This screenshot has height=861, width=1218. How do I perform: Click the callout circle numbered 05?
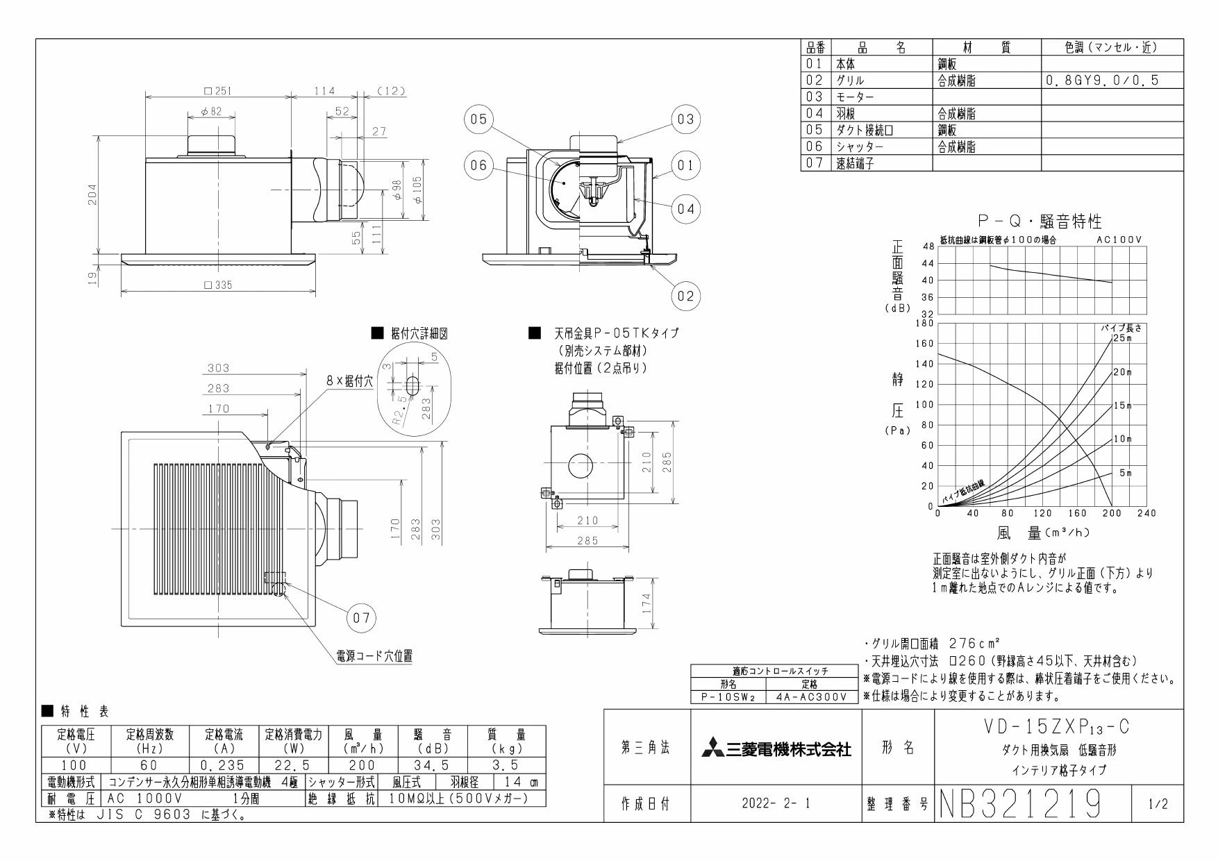point(478,119)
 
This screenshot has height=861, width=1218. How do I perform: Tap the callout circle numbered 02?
point(685,296)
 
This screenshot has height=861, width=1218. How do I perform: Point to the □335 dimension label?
point(217,285)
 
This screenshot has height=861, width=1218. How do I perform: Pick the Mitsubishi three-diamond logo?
point(712,749)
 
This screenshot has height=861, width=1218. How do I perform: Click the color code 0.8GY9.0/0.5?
point(1101,81)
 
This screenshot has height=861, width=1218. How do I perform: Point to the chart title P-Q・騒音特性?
point(1039,222)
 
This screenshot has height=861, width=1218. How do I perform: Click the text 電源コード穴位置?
point(370,655)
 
